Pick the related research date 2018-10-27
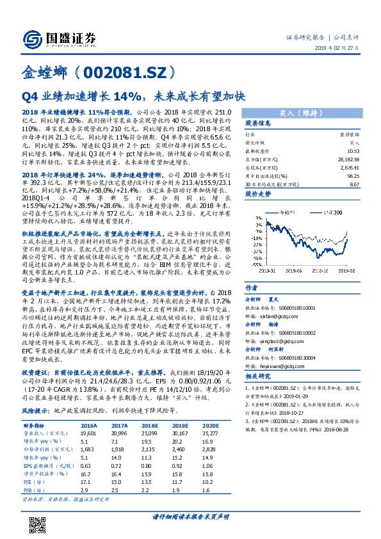(x=296, y=413)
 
